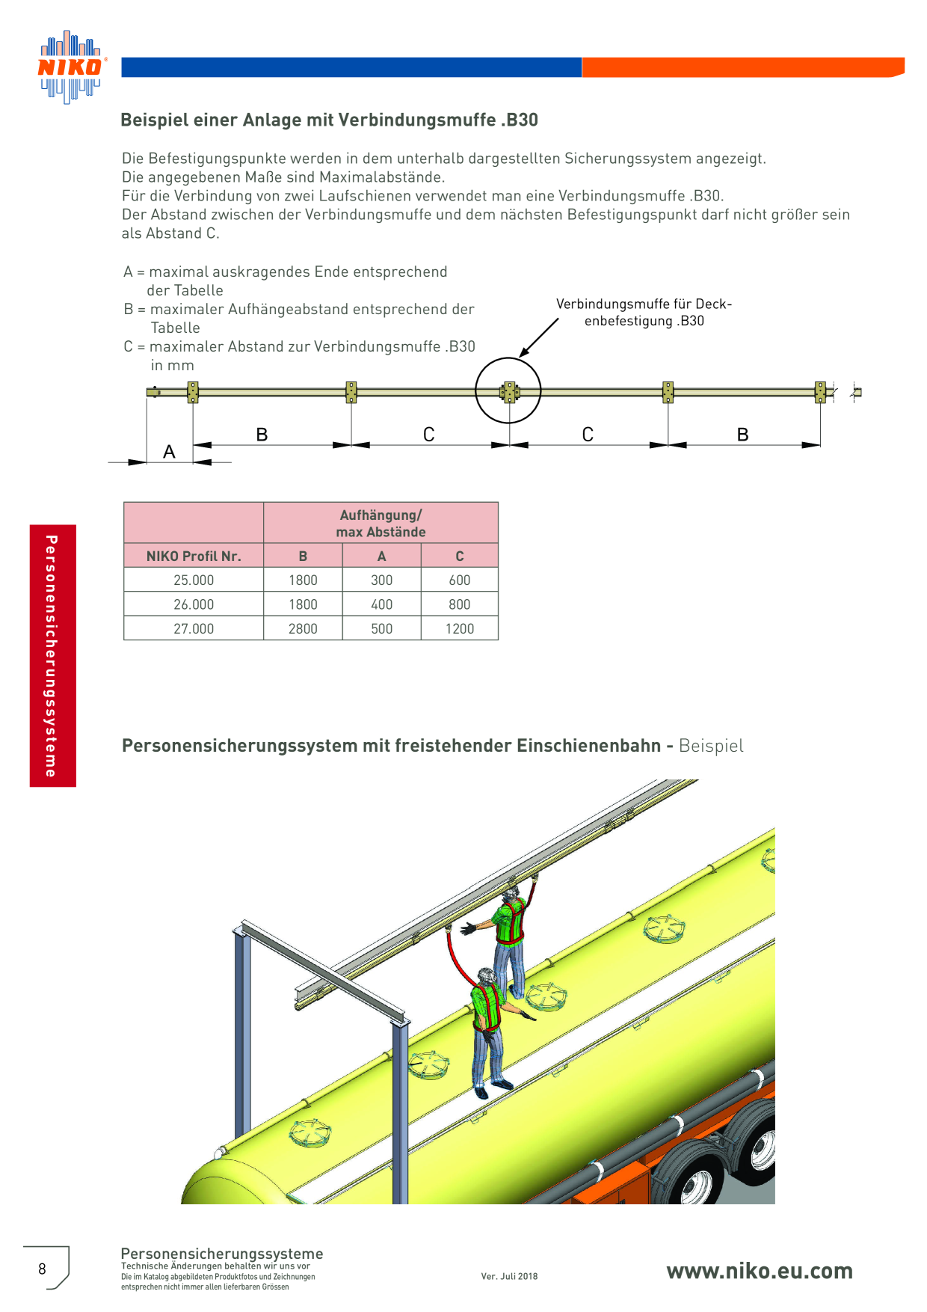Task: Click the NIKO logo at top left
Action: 71,67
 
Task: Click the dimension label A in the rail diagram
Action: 169,452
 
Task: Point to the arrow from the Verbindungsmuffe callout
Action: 539,337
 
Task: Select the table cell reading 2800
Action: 303,629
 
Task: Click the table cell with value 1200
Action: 460,629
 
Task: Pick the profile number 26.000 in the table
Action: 194,604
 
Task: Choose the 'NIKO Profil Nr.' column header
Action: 194,556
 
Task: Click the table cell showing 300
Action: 382,580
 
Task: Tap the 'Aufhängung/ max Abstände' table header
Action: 381,524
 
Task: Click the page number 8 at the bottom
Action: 42,1269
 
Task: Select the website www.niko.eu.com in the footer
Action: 760,1271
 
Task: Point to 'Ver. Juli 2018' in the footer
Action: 509,1276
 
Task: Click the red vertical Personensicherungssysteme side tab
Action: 53,655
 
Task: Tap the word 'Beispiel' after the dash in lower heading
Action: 711,746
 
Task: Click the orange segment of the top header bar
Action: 743,67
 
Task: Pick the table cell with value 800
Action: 460,604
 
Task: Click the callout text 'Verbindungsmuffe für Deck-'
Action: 644,304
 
